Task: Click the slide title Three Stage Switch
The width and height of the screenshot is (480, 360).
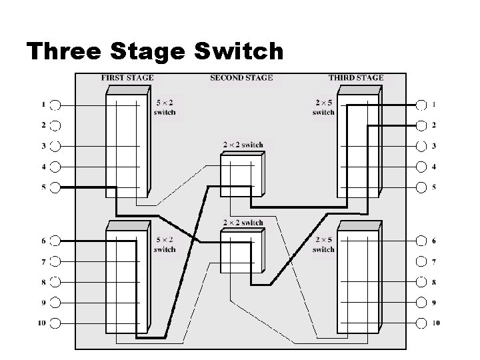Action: click(155, 51)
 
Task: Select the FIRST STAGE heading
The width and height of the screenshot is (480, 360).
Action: click(127, 78)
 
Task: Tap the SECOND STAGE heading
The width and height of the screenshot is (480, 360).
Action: click(241, 78)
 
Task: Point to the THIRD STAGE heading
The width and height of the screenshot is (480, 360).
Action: click(355, 78)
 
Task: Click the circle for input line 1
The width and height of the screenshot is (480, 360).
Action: click(56, 105)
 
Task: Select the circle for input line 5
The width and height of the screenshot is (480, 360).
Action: click(56, 187)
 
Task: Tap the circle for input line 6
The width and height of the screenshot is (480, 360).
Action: click(56, 241)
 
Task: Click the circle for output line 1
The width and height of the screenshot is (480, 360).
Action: click(421, 105)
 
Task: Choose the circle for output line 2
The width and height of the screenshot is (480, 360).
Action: click(421, 125)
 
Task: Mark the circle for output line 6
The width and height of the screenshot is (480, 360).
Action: click(421, 241)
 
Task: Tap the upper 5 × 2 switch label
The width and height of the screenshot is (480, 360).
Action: click(165, 108)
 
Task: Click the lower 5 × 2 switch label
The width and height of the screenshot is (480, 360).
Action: click(165, 245)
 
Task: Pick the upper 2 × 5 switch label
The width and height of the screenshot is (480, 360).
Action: click(323, 108)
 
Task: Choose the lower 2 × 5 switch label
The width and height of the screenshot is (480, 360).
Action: click(323, 245)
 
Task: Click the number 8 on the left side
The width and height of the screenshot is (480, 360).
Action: click(43, 282)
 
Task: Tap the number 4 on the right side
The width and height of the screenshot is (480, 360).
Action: click(434, 167)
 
